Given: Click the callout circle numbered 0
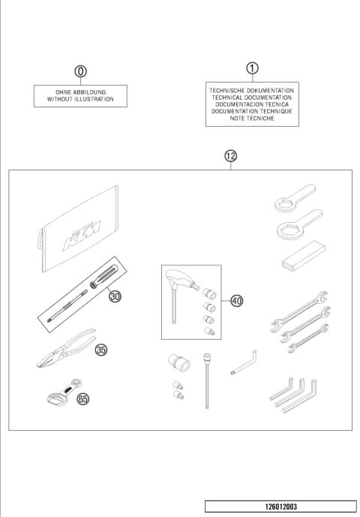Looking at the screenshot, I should pos(80,71).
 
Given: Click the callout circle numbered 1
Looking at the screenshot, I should pos(253,68).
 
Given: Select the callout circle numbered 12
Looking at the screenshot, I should pos(231,156).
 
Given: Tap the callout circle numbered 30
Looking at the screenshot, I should pos(115,296).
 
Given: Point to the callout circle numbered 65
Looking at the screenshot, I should pos(82,399).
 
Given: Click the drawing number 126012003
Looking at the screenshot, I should pos(280,506).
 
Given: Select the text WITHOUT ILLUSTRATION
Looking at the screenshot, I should pos(80,99).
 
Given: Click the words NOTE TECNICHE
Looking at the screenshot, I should pos(252,118).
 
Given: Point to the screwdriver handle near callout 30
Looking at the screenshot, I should pos(103,276).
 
